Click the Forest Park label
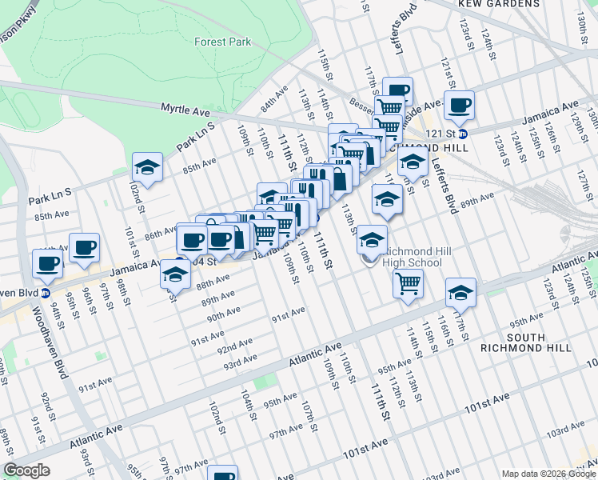click(x=223, y=42)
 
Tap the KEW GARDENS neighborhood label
click(x=510, y=4)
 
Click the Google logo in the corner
click(x=27, y=470)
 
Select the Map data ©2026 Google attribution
click(x=548, y=474)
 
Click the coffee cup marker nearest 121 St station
click(x=460, y=106)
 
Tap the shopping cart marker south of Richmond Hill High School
click(x=409, y=283)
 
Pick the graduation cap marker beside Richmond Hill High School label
click(x=372, y=239)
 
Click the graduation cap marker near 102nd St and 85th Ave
click(x=147, y=167)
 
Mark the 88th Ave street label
click(x=213, y=283)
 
